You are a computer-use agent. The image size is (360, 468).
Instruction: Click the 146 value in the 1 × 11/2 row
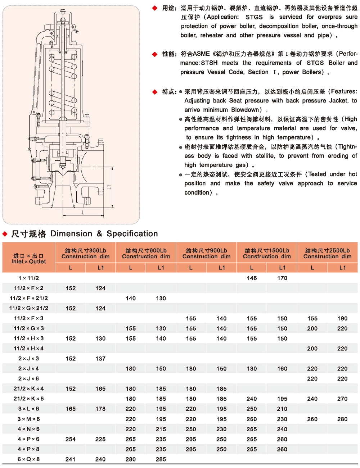coord(252,278)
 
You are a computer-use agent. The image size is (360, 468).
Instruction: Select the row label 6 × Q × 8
coord(29,459)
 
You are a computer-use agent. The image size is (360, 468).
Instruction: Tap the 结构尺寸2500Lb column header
coord(327,253)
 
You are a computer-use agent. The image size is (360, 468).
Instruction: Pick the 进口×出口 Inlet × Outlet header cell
coord(29,258)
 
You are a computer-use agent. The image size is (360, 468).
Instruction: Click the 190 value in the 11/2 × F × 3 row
coord(342,318)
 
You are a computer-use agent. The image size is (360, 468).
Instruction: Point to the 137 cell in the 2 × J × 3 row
coord(100,359)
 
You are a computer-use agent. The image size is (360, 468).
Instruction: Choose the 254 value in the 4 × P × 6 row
coord(71,439)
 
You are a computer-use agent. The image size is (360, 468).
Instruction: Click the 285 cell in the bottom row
coord(161,459)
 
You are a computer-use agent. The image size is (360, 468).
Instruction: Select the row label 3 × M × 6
coord(29,419)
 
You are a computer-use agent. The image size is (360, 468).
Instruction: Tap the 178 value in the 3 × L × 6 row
coord(100,409)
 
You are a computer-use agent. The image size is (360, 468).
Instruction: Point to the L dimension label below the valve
coord(83,213)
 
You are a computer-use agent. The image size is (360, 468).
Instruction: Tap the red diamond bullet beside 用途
coord(155,8)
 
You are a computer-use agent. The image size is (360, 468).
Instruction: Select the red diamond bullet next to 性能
coord(155,54)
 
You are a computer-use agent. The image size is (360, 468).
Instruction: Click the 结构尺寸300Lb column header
coord(85,253)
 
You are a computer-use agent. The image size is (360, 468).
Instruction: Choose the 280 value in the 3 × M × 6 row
coord(342,419)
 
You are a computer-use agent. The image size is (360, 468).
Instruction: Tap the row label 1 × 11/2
coord(29,278)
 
